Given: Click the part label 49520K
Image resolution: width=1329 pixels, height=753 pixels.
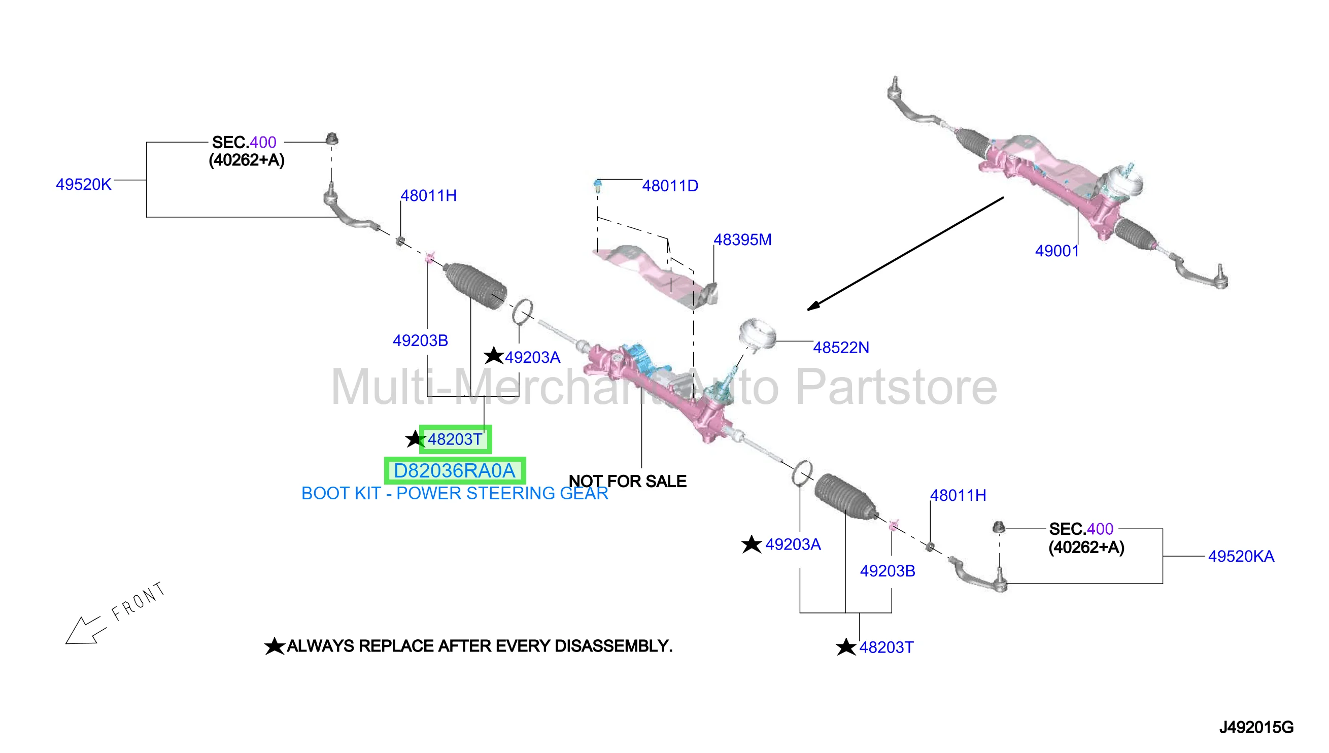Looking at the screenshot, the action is pyautogui.click(x=83, y=185).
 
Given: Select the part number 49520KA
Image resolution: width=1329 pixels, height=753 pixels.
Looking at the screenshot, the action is pyautogui.click(x=1241, y=557).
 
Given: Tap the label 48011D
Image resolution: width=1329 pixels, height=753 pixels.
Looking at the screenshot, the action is pyautogui.click(x=670, y=186).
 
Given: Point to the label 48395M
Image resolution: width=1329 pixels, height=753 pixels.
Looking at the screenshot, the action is pyautogui.click(x=742, y=239).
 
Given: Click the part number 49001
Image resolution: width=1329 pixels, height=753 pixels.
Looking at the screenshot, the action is pyautogui.click(x=1057, y=251).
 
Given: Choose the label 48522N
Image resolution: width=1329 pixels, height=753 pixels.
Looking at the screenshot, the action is pyautogui.click(x=841, y=348).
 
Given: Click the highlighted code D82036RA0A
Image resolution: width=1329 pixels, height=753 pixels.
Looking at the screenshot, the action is pyautogui.click(x=455, y=471).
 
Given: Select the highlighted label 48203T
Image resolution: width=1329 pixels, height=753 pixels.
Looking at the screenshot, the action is pyautogui.click(x=455, y=439).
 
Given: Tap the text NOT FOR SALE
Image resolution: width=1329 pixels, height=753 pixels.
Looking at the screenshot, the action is pyautogui.click(x=627, y=482).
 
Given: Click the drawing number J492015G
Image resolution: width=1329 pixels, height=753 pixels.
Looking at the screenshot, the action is pyautogui.click(x=1256, y=728).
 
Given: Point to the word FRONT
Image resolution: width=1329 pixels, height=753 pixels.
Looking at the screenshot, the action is pyautogui.click(x=139, y=601).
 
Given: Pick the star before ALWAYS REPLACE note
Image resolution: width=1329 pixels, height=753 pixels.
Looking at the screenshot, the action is pyautogui.click(x=275, y=646).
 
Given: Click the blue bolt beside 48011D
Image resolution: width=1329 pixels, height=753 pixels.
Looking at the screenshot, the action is pyautogui.click(x=597, y=186).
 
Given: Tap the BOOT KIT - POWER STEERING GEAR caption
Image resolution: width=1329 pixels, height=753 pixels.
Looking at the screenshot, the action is pyautogui.click(x=455, y=493).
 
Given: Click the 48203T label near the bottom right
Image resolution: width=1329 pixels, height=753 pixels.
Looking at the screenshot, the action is pyautogui.click(x=887, y=647).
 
